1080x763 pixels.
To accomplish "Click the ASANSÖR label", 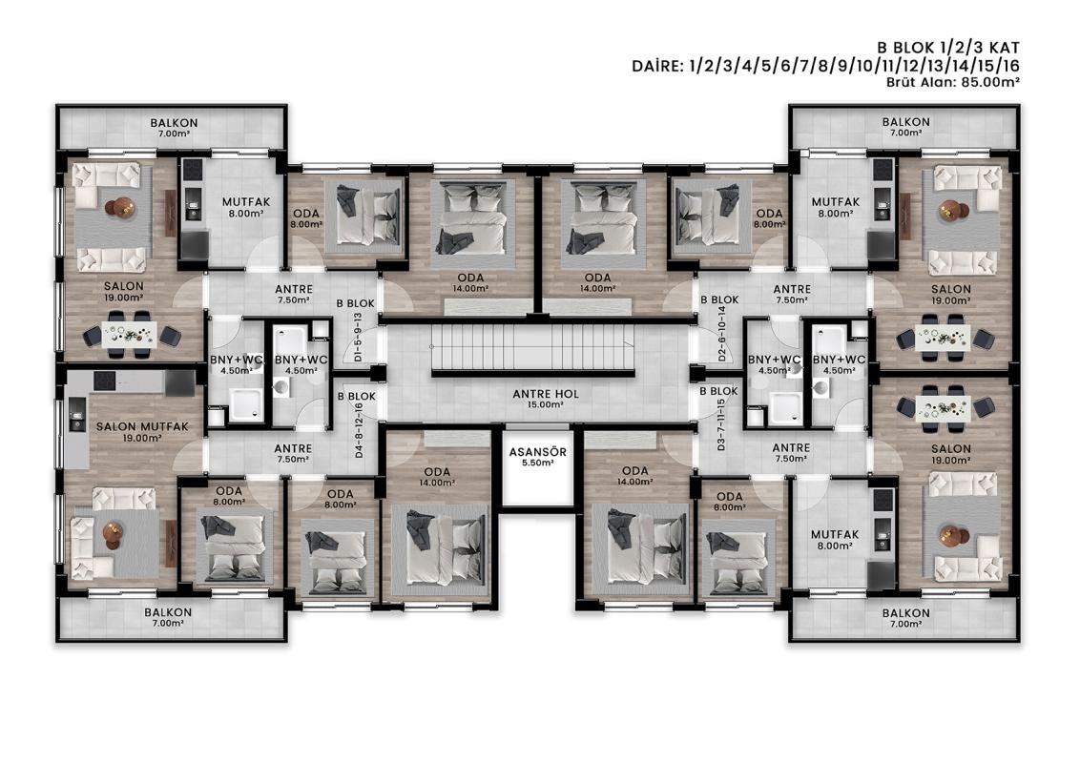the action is point(537,452).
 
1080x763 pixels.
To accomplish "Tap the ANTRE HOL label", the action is point(546,394).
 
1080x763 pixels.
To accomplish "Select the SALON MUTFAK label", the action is point(142,427).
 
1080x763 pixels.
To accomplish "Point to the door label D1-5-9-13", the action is point(358,338).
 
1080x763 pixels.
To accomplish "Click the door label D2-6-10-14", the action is point(722,334).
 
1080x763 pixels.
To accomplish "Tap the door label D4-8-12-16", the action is point(359,431).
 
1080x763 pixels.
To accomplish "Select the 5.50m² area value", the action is point(537,464).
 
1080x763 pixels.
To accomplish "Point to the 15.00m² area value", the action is point(546,405).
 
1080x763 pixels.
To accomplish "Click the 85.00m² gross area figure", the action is point(990,82).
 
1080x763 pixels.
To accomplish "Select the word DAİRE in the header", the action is point(657,66).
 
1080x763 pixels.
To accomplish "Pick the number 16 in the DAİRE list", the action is point(1009,66).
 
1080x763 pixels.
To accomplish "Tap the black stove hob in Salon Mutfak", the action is point(105,381).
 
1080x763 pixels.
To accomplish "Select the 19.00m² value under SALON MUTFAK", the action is point(142,438).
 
